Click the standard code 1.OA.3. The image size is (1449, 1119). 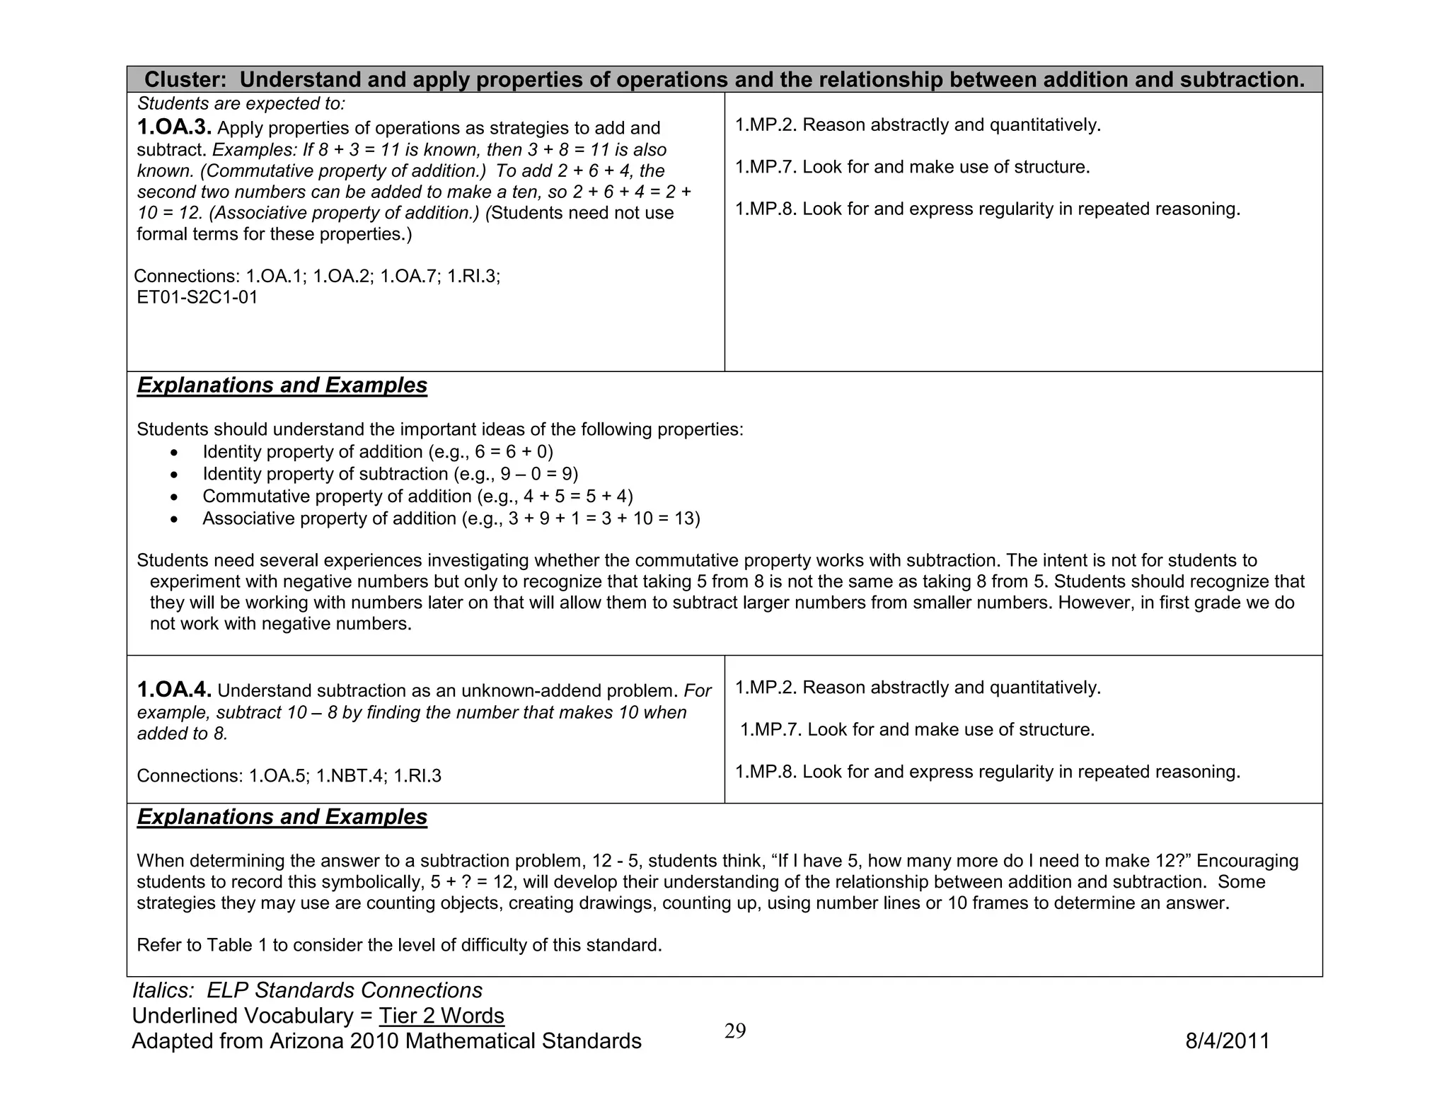174,128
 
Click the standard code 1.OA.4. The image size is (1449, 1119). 174,690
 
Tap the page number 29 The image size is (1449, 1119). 735,1031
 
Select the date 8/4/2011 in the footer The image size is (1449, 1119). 1228,1041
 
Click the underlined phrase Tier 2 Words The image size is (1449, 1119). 441,1016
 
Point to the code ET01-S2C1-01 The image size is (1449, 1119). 197,297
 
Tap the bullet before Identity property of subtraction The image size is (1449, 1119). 175,475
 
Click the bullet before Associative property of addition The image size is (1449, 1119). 175,519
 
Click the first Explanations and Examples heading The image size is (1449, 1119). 282,385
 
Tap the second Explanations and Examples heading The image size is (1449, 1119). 282,817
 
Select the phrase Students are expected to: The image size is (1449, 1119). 241,104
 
